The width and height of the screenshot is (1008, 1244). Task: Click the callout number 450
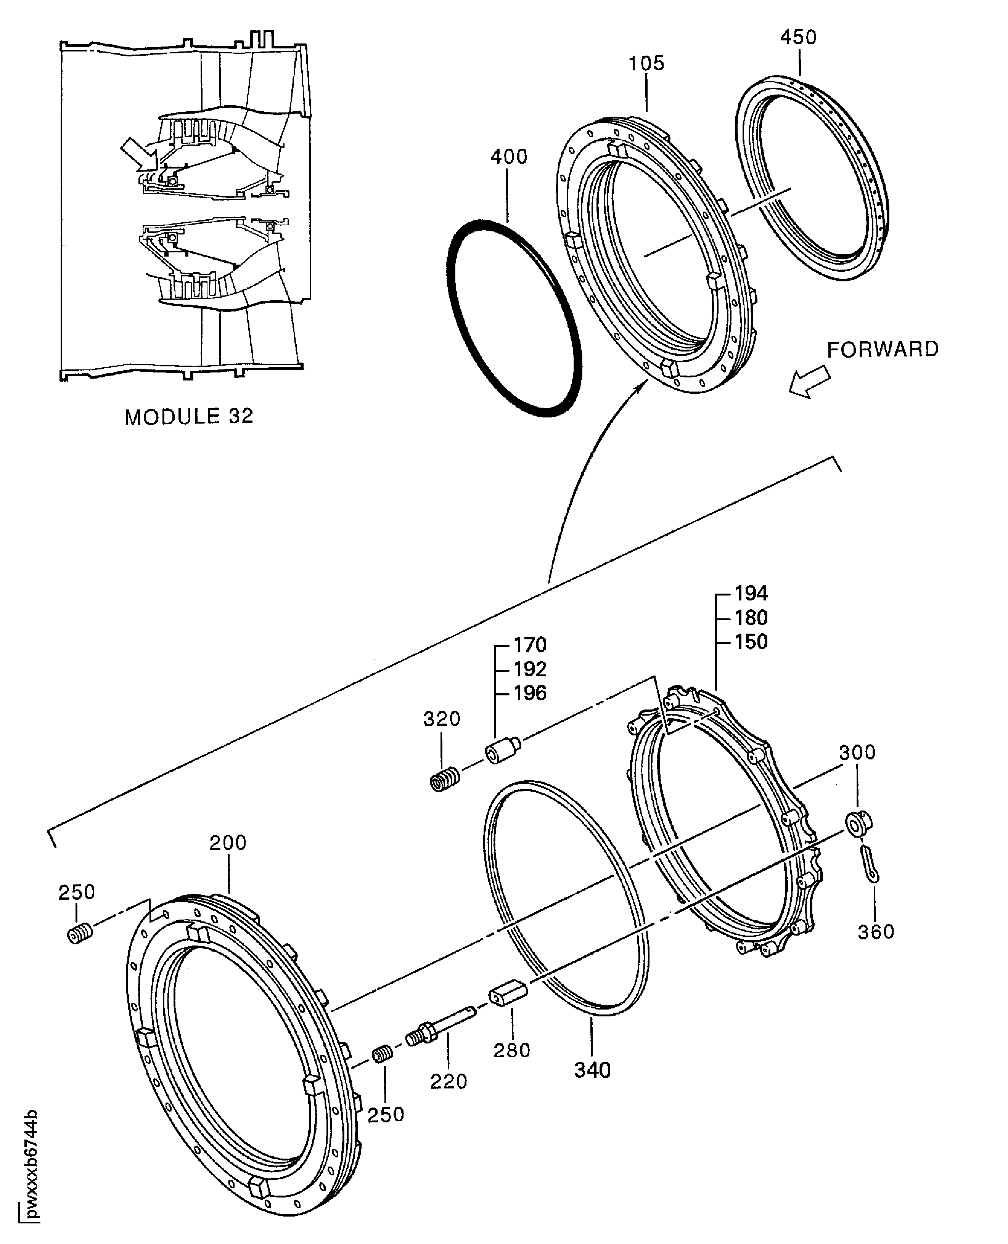[x=798, y=37]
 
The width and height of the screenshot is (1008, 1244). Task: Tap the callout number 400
[x=509, y=157]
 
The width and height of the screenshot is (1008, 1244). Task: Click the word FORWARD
[x=883, y=350]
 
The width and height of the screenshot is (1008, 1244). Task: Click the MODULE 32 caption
[x=189, y=417]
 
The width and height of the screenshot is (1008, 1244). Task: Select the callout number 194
[x=751, y=593]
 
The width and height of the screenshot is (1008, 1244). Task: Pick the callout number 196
[x=529, y=693]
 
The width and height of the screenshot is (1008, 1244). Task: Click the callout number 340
[x=592, y=1070]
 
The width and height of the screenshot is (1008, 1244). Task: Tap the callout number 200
[x=228, y=843]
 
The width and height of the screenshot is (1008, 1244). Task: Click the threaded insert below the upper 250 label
[x=80, y=934]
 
